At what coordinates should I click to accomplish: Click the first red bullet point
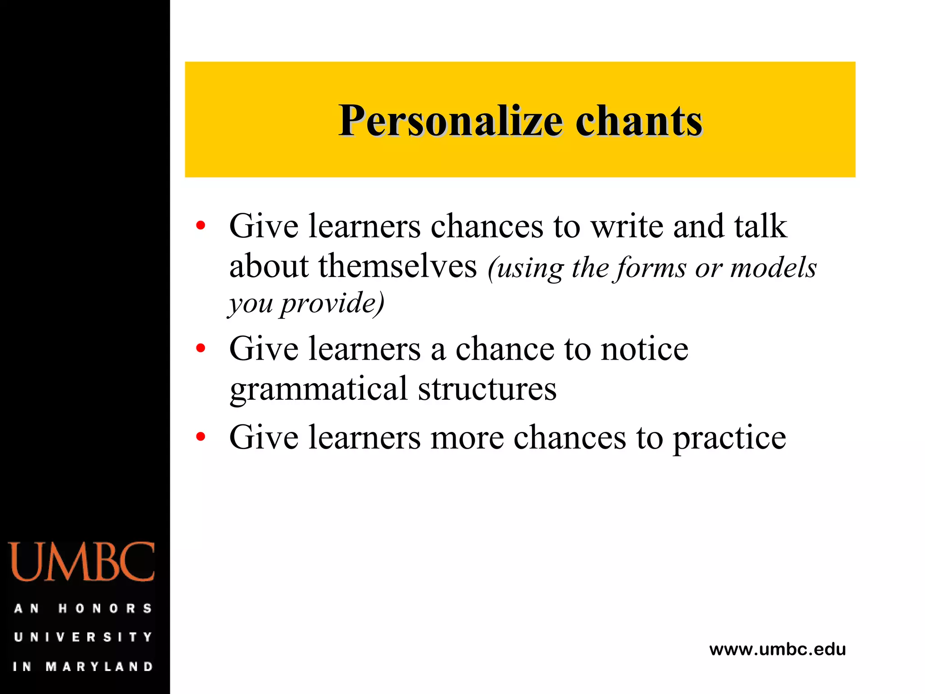[x=201, y=225]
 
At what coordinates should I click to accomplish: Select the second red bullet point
[x=201, y=348]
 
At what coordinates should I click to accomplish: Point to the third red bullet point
[x=201, y=436]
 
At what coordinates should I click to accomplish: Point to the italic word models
[x=773, y=267]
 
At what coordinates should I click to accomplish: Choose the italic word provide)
[x=332, y=303]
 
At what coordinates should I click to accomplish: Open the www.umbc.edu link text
[x=777, y=649]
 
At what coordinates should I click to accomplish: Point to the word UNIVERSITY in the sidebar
[x=83, y=637]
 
